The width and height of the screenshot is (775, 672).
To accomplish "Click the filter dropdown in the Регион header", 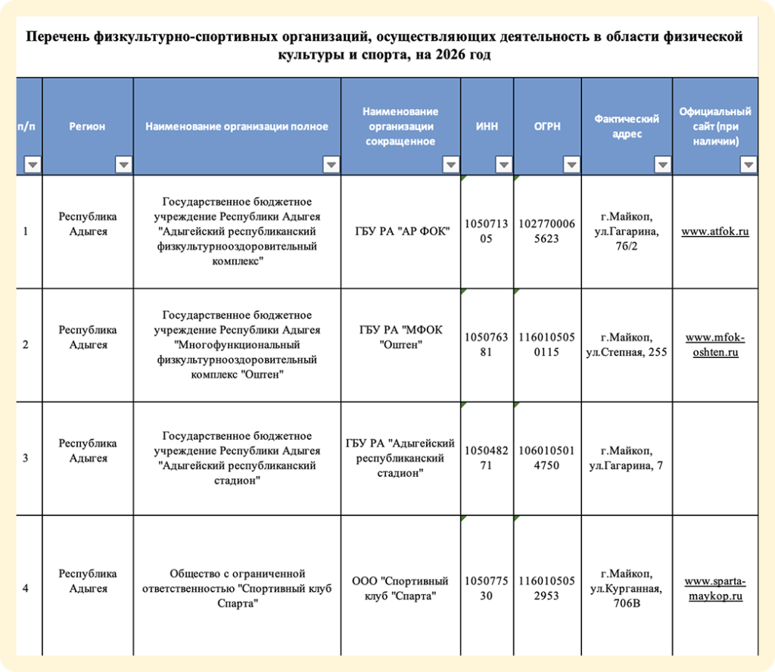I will point(123,165).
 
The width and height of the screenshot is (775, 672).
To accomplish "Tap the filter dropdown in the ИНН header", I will point(503,165).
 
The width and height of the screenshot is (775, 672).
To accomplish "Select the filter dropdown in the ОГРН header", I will point(571,165).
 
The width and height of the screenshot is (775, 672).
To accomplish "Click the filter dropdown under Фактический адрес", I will point(662,165).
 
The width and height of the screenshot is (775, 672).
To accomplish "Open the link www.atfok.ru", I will point(714,232).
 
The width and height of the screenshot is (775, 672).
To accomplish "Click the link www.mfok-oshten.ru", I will point(714,344).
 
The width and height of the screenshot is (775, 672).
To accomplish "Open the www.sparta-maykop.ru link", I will point(714,589).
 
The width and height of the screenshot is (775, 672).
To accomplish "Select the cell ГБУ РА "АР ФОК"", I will point(401,232).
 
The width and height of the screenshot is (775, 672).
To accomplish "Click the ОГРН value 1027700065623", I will point(547,232).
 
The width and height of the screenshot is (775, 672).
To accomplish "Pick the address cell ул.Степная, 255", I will point(627,345).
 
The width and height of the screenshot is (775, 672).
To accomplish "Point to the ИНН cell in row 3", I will point(487,458).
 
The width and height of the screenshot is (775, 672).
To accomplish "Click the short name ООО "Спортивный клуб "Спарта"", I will point(400,589).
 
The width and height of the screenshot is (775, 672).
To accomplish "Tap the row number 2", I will point(26,345).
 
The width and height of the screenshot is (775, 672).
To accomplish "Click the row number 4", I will point(26,589).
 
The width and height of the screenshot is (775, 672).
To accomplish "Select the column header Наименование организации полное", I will point(237,126).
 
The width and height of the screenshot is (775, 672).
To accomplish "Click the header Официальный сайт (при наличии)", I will point(714,126).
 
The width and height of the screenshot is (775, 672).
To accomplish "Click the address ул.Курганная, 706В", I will point(627,589).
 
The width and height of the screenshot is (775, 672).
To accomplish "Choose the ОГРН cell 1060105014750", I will point(547,458).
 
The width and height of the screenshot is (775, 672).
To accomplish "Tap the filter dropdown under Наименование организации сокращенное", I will point(450,165).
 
